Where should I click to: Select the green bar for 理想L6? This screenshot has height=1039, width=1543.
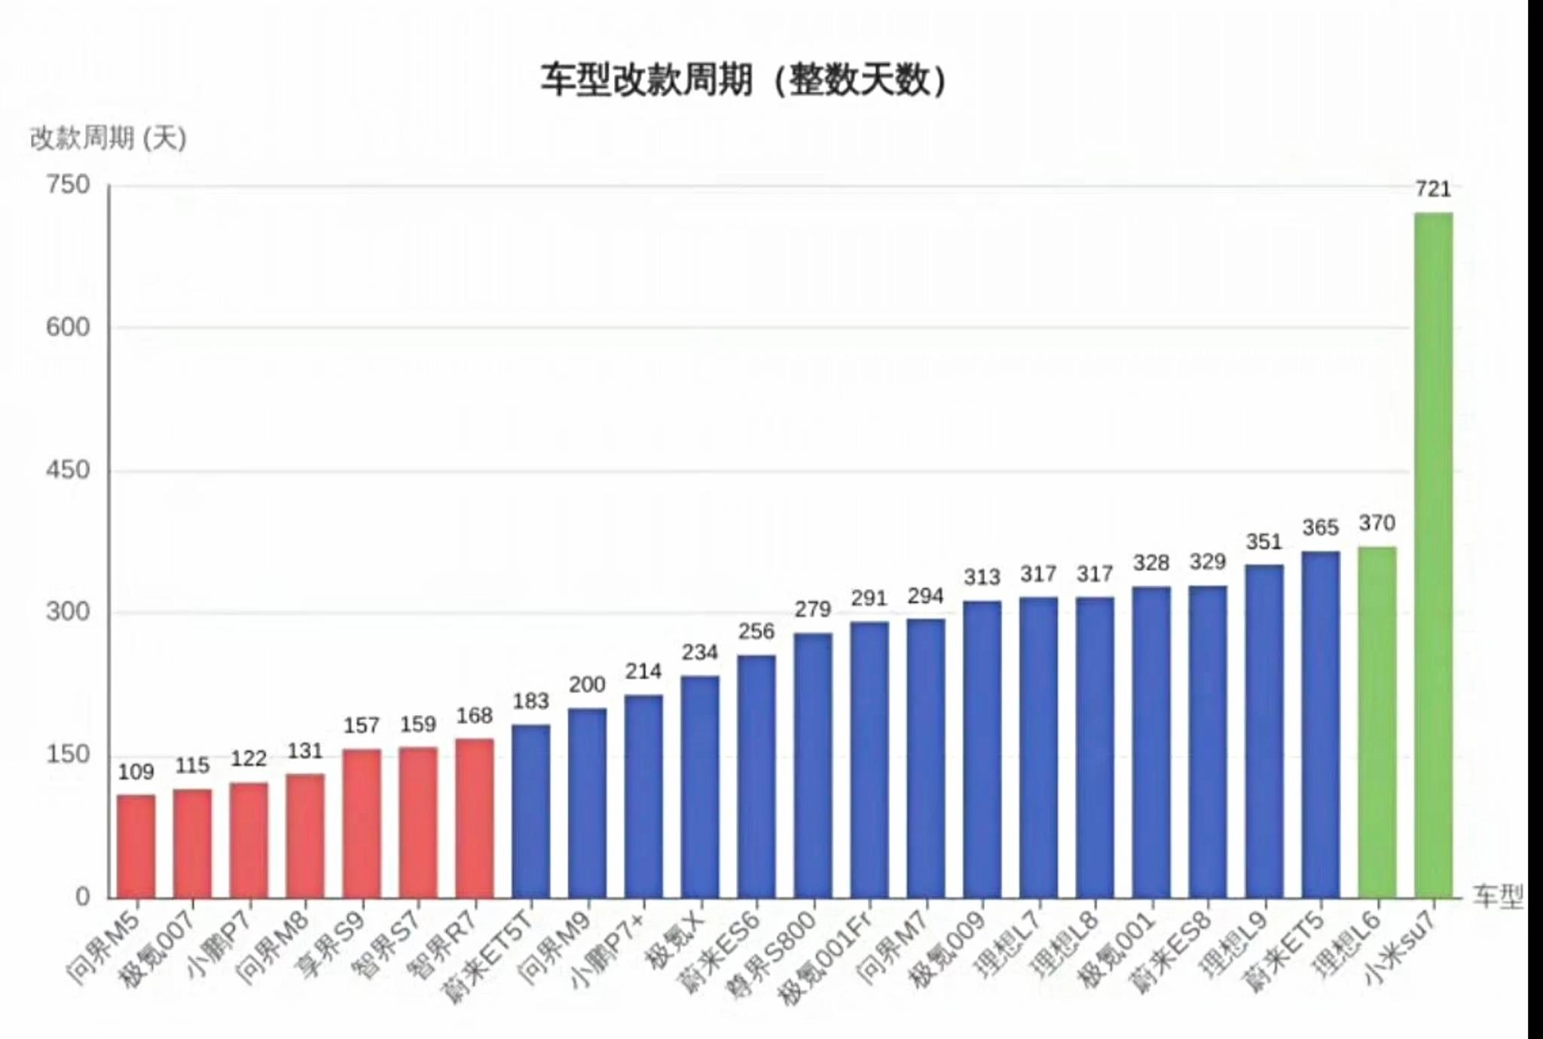[x=1376, y=723]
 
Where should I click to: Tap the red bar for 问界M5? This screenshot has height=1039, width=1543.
[x=136, y=846]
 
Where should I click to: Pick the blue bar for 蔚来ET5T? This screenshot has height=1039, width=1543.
[x=531, y=812]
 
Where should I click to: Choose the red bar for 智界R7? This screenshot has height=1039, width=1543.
[x=475, y=818]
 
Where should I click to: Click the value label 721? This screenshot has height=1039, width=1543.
[x=1433, y=189]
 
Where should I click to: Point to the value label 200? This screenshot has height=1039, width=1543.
[x=587, y=684]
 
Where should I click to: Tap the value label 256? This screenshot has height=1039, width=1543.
[x=756, y=631]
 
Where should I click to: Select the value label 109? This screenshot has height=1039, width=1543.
[x=136, y=772]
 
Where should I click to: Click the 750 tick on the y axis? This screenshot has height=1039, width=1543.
[x=68, y=185]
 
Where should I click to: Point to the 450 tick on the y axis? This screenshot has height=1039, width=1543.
[x=68, y=471]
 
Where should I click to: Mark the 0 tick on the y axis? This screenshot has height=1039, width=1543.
[x=82, y=897]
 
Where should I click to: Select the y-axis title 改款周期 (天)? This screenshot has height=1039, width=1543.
[x=108, y=139]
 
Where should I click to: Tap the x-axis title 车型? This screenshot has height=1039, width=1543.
[x=1498, y=896]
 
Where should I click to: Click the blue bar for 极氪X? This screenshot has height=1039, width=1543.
[x=700, y=787]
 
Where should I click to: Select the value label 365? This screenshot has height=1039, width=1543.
[x=1320, y=528]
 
